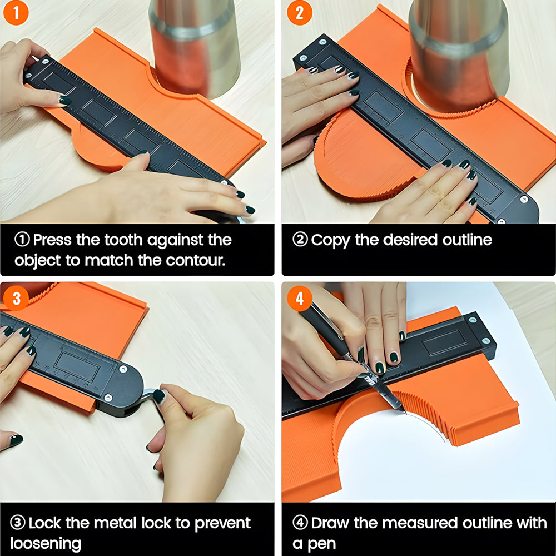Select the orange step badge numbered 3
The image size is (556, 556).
click(x=16, y=298)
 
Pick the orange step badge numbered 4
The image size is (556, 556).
click(x=300, y=298)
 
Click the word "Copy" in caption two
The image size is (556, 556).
click(x=330, y=241)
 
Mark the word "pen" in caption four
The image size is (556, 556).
click(x=321, y=545)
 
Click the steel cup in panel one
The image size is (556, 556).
click(x=195, y=47)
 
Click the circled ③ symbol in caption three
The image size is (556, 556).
click(x=17, y=523)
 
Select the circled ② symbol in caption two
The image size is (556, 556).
click(x=300, y=240)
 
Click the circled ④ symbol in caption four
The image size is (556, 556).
click(x=300, y=523)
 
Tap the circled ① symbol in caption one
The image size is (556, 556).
click(x=22, y=240)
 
